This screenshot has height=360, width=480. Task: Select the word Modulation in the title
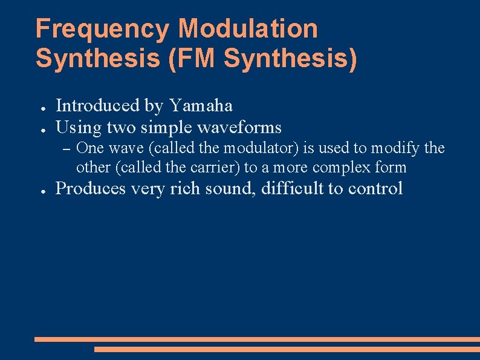(x=248, y=29)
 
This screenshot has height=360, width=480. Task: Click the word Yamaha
(x=201, y=106)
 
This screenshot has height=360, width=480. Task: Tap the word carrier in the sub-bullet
(x=214, y=167)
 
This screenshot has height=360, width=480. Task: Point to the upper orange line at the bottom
(x=257, y=339)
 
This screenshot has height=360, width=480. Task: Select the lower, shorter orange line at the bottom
(x=287, y=349)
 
